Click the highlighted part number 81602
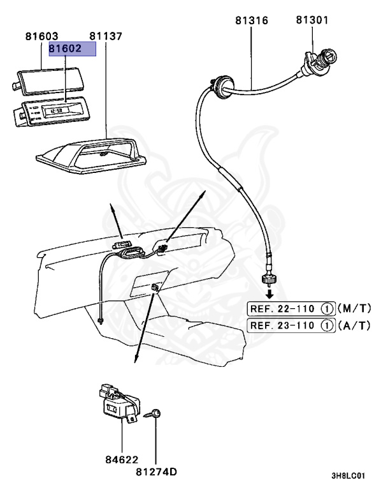point(73,49)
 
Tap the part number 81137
point(106,36)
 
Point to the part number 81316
point(251,20)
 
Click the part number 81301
point(312,20)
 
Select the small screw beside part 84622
point(155,414)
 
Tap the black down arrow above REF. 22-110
point(270,293)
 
